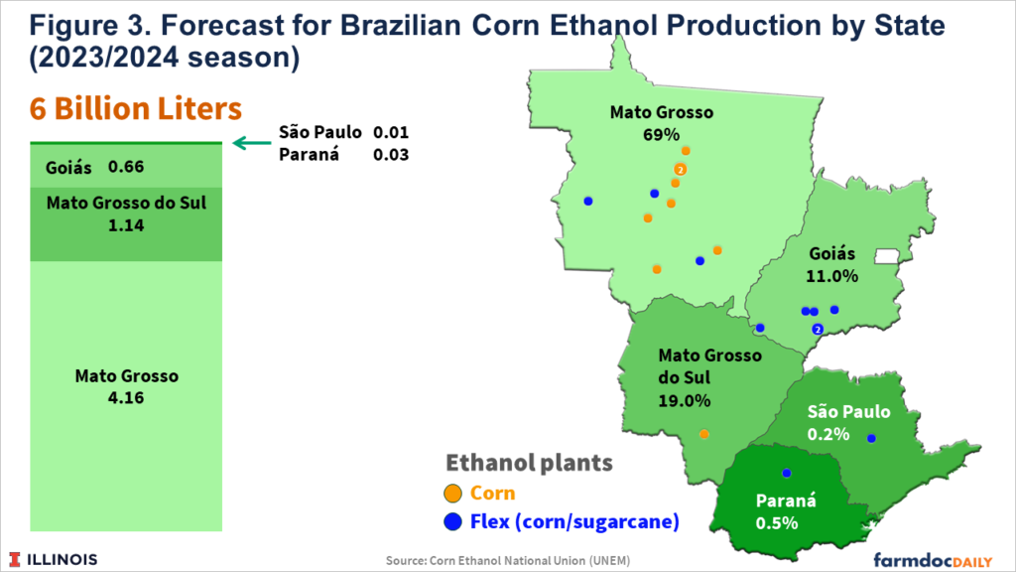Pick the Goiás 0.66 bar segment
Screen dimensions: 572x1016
[126, 167]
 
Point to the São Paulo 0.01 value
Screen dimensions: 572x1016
[391, 132]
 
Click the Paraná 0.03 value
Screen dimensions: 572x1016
[391, 154]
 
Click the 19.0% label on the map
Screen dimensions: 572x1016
[684, 401]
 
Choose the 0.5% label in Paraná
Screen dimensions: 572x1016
[777, 522]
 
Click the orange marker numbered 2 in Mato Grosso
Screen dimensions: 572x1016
[680, 169]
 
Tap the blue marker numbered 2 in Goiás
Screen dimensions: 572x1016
[817, 329]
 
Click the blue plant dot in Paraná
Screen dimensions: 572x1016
[786, 473]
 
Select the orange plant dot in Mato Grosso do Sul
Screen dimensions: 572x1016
[703, 434]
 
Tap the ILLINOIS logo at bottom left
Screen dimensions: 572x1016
[55, 559]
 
